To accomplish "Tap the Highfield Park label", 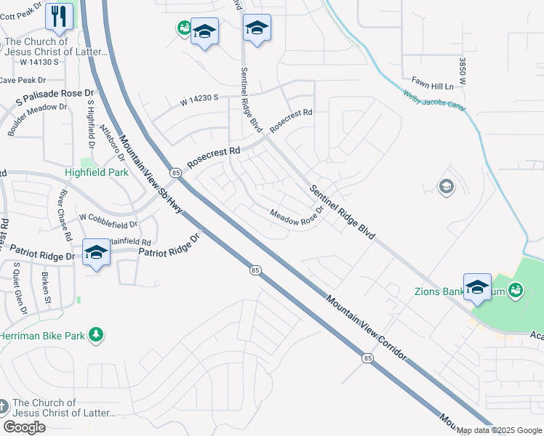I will click(97, 173).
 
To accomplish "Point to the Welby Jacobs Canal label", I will click(435, 101).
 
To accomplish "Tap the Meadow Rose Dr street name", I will click(296, 217).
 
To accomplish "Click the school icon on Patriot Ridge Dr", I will click(96, 253).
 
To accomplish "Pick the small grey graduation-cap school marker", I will click(446, 187).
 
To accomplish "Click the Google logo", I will click(25, 427).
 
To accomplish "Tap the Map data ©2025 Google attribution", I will click(499, 430).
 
